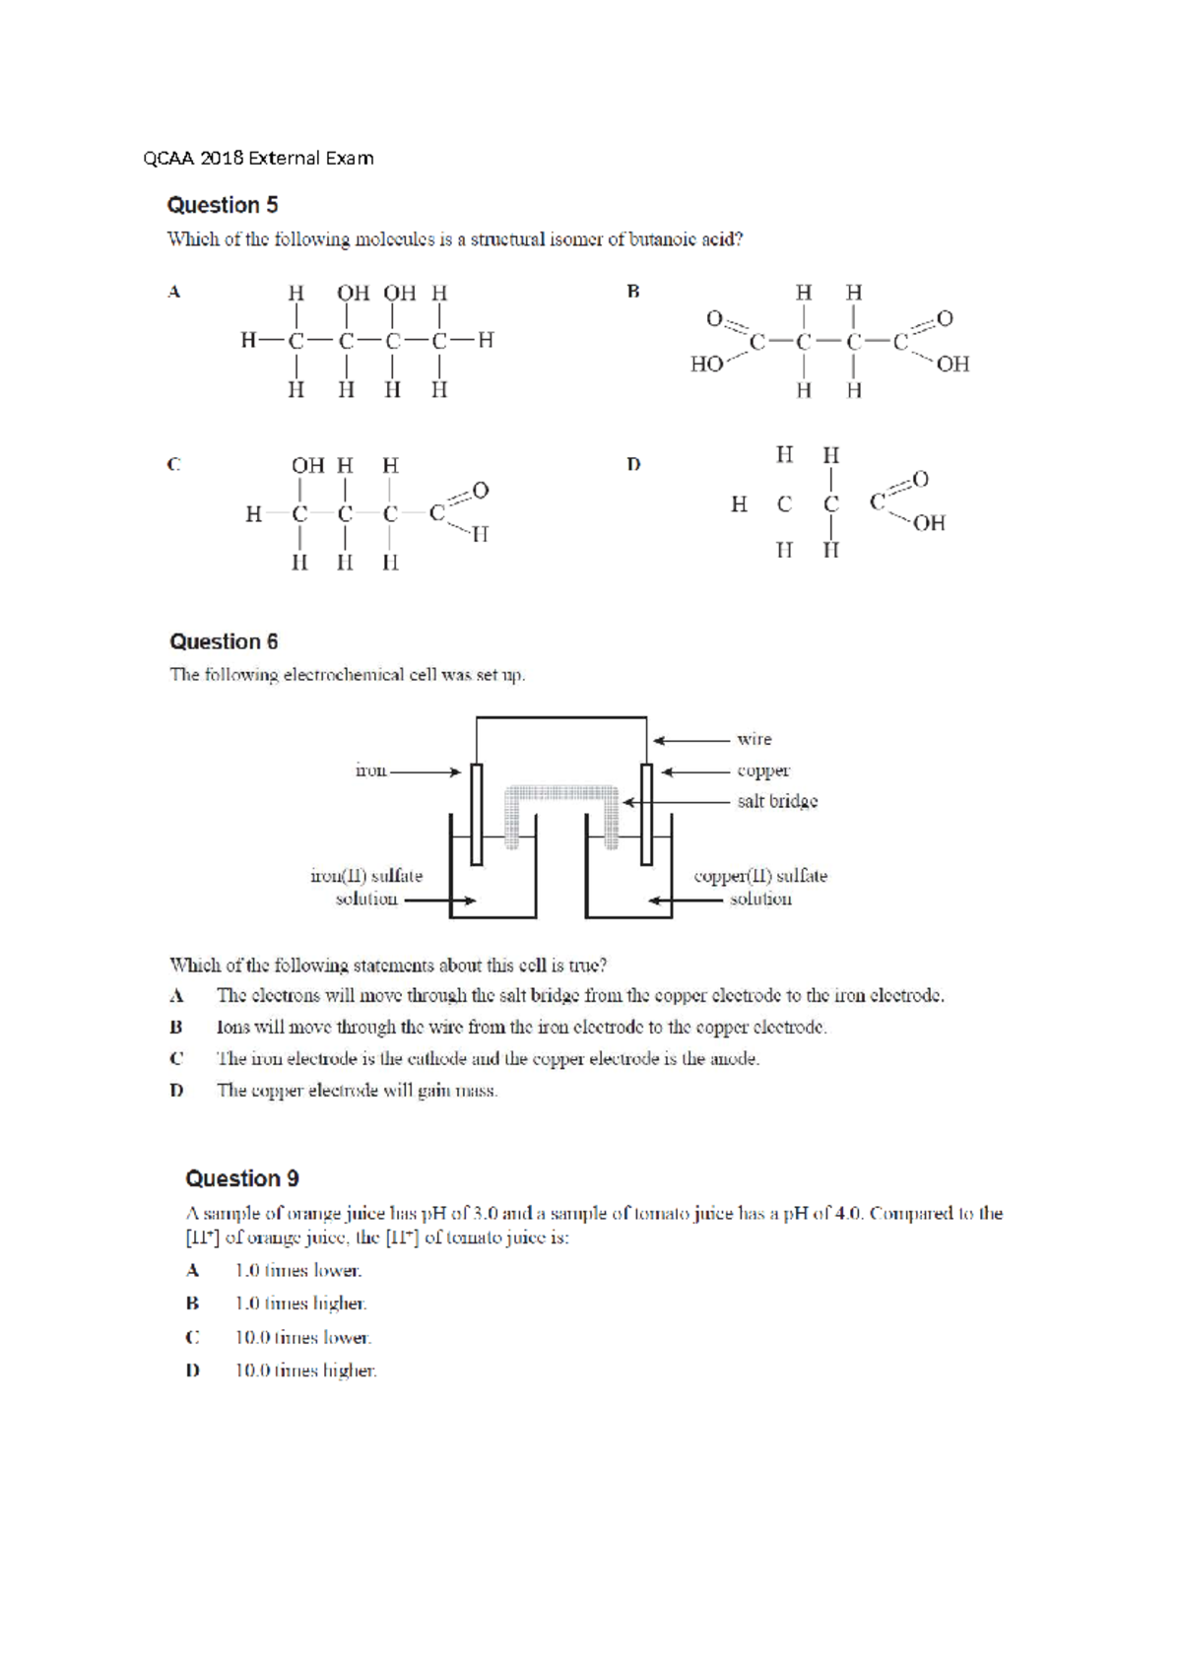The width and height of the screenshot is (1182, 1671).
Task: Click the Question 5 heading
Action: (223, 205)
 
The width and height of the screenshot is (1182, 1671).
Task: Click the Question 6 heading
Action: (224, 641)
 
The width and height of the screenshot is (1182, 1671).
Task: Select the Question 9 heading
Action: (242, 1178)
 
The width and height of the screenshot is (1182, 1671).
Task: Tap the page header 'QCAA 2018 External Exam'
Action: (258, 158)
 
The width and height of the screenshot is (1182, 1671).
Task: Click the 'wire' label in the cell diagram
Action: (755, 739)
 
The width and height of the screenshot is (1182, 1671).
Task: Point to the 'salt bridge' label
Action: (777, 801)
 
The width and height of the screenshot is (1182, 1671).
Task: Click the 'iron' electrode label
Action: (370, 770)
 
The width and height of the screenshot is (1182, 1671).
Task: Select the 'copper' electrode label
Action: (763, 770)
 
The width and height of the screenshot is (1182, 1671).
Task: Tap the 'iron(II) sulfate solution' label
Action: (366, 887)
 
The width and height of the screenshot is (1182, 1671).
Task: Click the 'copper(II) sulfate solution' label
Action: (760, 887)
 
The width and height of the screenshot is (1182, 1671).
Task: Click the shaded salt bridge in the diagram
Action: (561, 795)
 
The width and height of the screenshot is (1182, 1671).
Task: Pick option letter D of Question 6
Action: (176, 1090)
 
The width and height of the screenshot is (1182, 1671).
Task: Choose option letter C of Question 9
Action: (192, 1337)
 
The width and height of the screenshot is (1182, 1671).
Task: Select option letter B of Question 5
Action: (633, 292)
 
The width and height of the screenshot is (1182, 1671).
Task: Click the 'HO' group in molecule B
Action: (706, 365)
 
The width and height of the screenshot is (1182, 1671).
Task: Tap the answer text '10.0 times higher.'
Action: (305, 1370)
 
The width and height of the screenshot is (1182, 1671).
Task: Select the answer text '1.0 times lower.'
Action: (298, 1270)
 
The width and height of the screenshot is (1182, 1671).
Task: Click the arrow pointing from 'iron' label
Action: (426, 771)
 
